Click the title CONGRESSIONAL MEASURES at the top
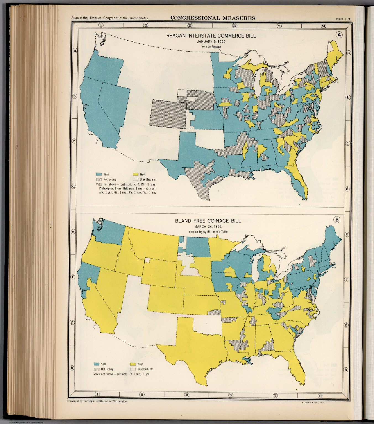(x=213, y=18)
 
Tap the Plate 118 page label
(x=343, y=19)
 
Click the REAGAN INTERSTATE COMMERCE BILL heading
(x=211, y=36)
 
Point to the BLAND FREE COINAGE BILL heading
(x=208, y=221)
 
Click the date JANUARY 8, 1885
(x=211, y=41)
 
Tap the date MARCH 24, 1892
(x=208, y=227)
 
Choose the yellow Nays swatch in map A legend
(x=135, y=174)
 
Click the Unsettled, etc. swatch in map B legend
(x=133, y=369)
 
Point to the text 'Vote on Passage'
(x=211, y=46)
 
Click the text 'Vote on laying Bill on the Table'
(x=208, y=232)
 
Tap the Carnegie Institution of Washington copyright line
(x=97, y=401)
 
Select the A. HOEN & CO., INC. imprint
(x=312, y=402)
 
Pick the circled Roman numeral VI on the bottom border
(x=320, y=394)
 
